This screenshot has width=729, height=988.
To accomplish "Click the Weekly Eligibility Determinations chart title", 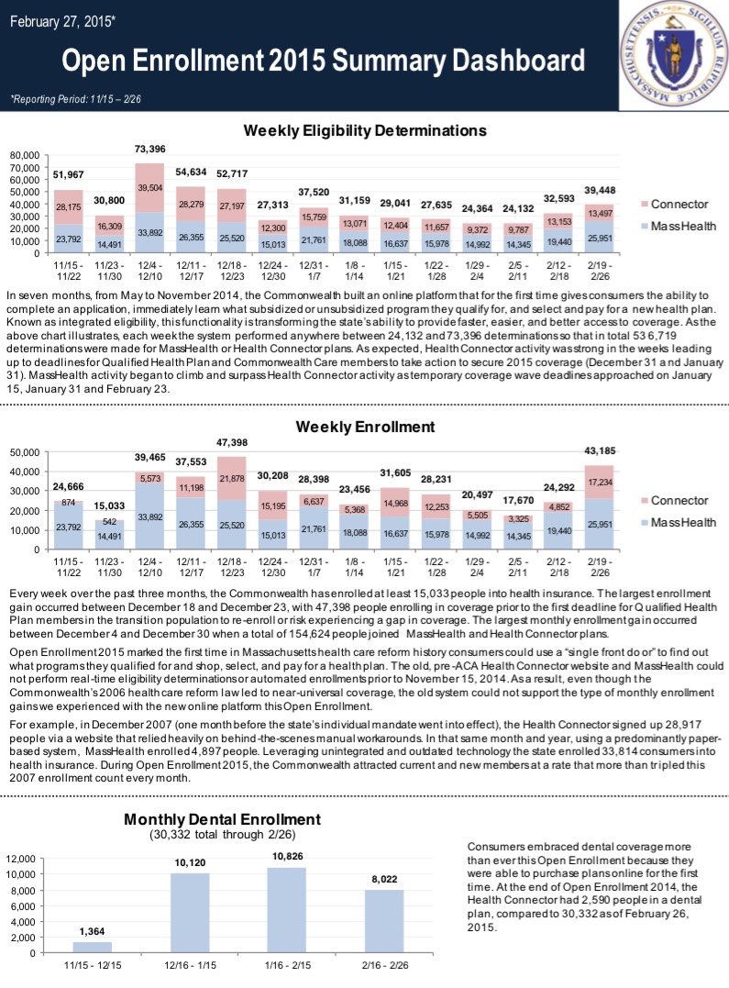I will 364,131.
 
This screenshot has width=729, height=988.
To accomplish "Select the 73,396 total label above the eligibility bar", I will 149,149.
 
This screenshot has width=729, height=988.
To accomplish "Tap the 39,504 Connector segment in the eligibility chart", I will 149,187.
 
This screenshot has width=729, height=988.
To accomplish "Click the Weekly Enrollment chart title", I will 365,427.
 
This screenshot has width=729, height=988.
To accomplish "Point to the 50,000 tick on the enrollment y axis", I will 26,452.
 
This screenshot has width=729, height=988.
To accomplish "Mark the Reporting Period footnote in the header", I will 75,97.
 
